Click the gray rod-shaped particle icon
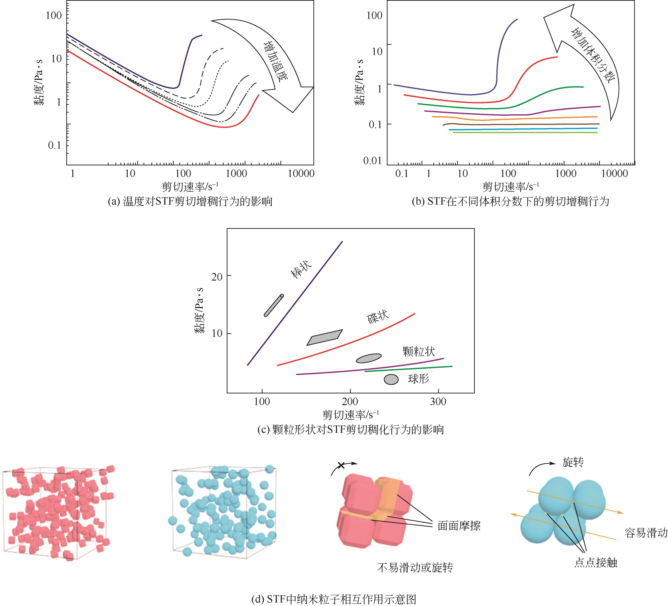(x=274, y=305)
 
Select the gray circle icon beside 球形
(x=391, y=379)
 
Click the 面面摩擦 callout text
(x=459, y=526)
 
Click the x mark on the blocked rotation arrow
(x=341, y=465)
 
